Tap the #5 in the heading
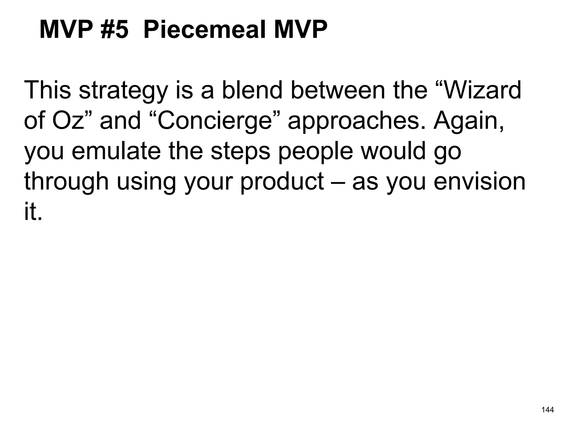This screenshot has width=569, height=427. (x=114, y=30)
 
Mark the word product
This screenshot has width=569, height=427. (x=282, y=182)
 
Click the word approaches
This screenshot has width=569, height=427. (x=356, y=121)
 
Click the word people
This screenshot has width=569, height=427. (x=316, y=152)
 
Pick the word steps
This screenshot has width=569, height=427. (x=240, y=152)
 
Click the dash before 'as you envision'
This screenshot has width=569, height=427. (x=338, y=182)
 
